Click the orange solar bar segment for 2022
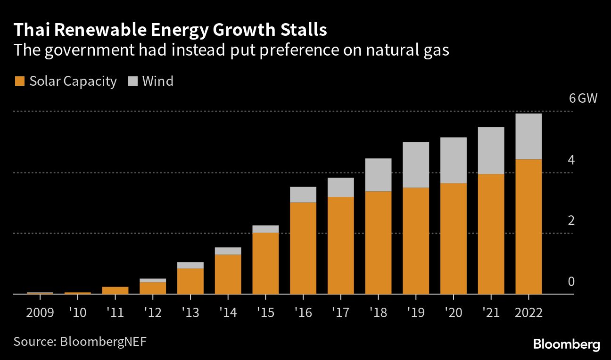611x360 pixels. pyautogui.click(x=528, y=226)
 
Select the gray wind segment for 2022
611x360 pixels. pyautogui.click(x=528, y=136)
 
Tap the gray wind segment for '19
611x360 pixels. pyautogui.click(x=416, y=164)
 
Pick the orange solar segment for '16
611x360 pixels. pyautogui.click(x=303, y=248)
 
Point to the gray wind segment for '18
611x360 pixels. pyautogui.click(x=378, y=175)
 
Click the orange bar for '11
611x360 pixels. pyautogui.click(x=115, y=290)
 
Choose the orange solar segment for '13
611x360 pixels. pyautogui.click(x=190, y=281)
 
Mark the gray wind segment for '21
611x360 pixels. pyautogui.click(x=491, y=150)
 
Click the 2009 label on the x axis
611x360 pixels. pyautogui.click(x=40, y=313)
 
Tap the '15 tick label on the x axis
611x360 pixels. pyautogui.click(x=265, y=313)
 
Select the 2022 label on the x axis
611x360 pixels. pyautogui.click(x=528, y=313)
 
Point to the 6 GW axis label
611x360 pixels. pyautogui.click(x=583, y=99)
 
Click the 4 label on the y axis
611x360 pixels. pyautogui.click(x=571, y=160)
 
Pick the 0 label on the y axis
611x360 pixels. pyautogui.click(x=571, y=282)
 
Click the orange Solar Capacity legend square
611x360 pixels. pyautogui.click(x=19, y=82)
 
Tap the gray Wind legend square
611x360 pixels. pyautogui.click(x=132, y=82)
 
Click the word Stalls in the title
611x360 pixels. pyautogui.click(x=300, y=30)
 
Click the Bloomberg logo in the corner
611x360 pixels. pyautogui.click(x=566, y=344)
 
